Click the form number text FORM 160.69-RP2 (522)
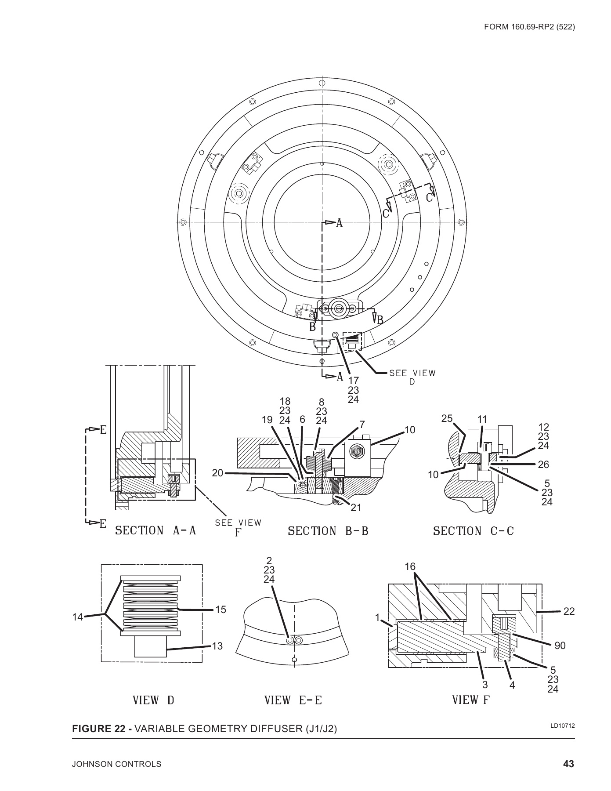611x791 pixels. (529, 27)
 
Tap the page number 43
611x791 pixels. (568, 764)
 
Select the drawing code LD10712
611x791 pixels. (563, 726)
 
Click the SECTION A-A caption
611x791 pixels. (155, 531)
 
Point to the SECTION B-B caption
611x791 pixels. (328, 531)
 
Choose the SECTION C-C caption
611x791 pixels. (474, 531)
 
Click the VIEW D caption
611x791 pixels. (154, 700)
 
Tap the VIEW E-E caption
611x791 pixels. (293, 700)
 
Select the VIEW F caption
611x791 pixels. (470, 700)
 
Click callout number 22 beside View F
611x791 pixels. (569, 611)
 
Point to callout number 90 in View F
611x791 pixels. (560, 646)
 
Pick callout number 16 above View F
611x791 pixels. (410, 567)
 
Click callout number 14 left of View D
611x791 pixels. (77, 617)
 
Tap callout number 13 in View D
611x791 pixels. (217, 646)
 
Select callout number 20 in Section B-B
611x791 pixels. (217, 473)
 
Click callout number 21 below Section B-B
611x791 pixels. (356, 508)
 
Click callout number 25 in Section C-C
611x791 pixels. (447, 419)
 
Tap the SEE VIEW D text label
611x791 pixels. (412, 377)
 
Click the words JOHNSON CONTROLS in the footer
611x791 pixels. (116, 764)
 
